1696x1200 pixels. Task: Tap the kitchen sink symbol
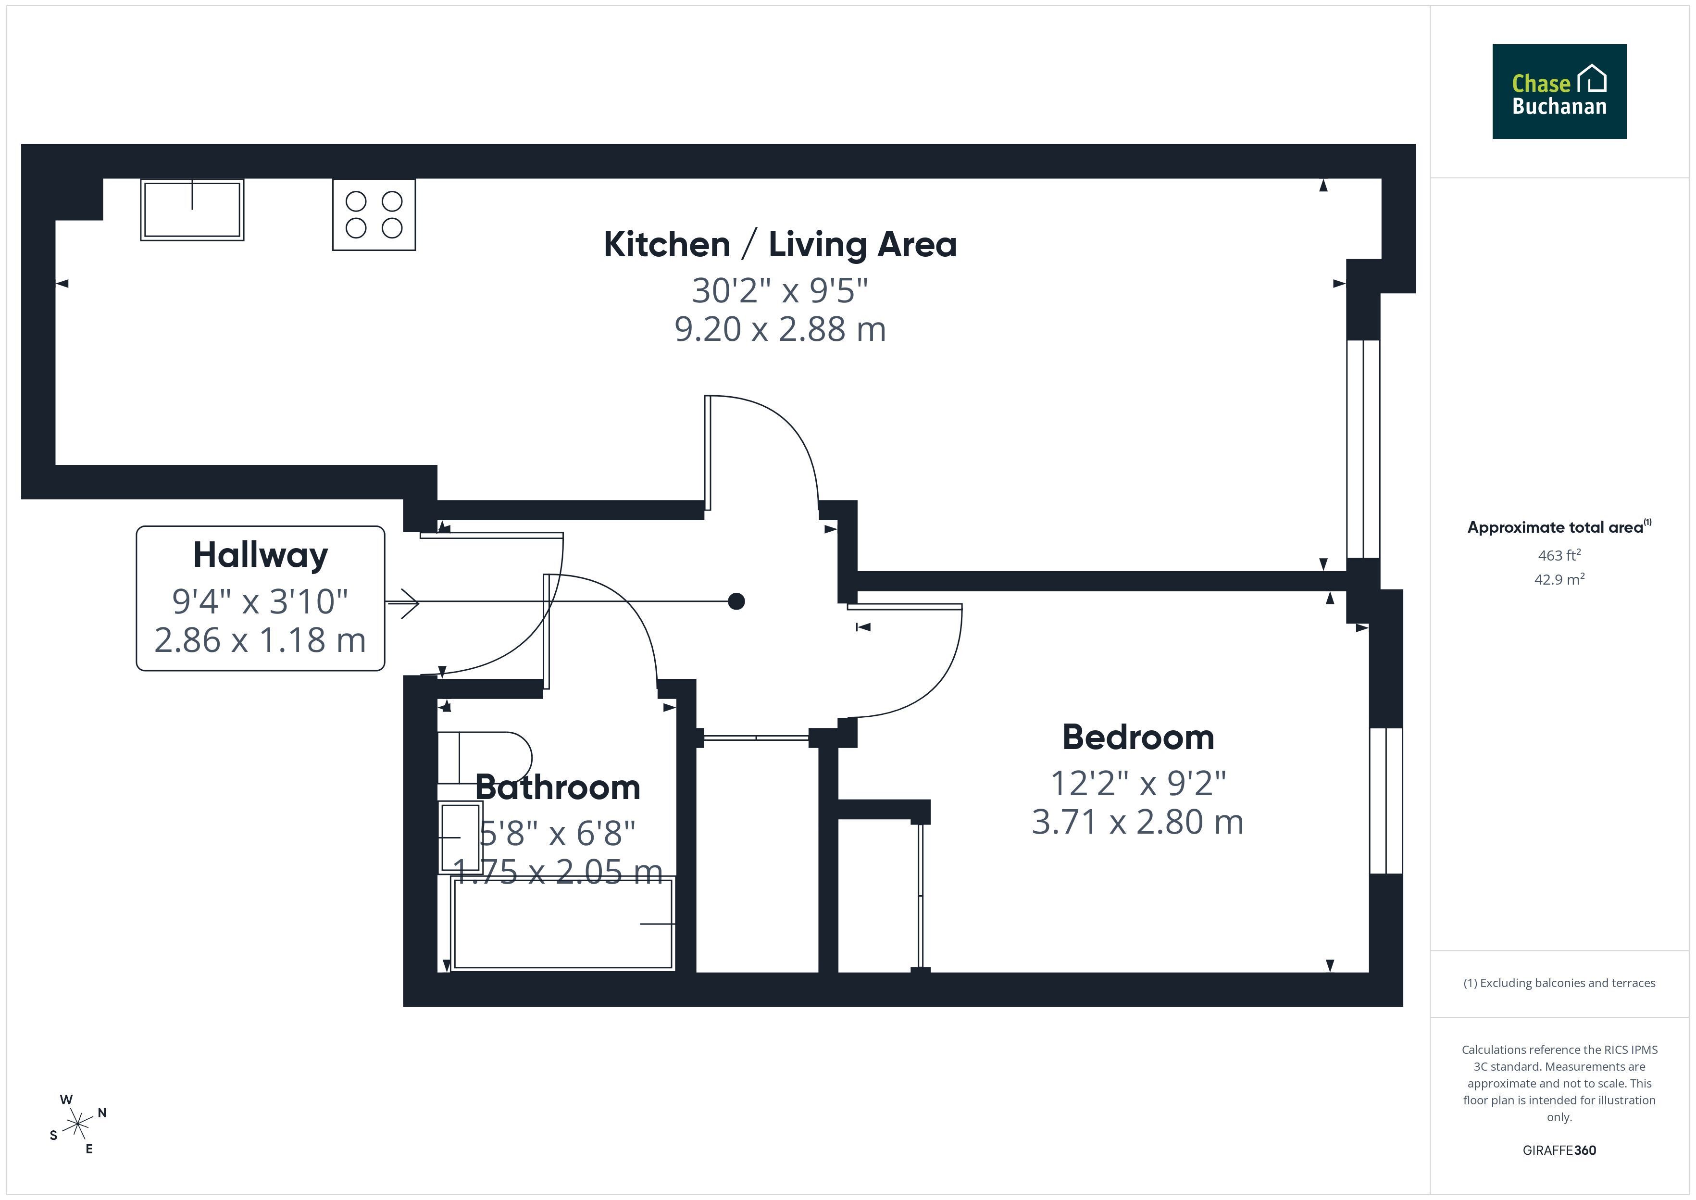pyautogui.click(x=192, y=210)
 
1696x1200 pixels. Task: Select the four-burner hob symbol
pyautogui.click(x=374, y=214)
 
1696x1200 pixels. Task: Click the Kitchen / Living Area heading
pyautogui.click(x=780, y=245)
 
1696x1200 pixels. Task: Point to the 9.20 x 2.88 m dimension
pyautogui.click(x=780, y=329)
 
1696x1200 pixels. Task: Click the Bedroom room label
pyautogui.click(x=1137, y=737)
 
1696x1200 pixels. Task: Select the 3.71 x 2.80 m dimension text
pyautogui.click(x=1137, y=822)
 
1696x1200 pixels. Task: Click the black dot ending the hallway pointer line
pyautogui.click(x=736, y=601)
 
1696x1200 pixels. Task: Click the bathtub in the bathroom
pyautogui.click(x=563, y=924)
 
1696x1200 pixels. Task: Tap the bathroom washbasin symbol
pyautogui.click(x=460, y=838)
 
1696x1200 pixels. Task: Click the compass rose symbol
pyautogui.click(x=77, y=1125)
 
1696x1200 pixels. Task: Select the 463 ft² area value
pyautogui.click(x=1559, y=555)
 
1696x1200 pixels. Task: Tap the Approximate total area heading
pyautogui.click(x=1559, y=527)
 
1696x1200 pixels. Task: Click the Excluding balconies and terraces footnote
pyautogui.click(x=1559, y=983)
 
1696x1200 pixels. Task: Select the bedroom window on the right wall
pyautogui.click(x=1386, y=801)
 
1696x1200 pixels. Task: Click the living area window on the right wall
pyautogui.click(x=1363, y=449)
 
